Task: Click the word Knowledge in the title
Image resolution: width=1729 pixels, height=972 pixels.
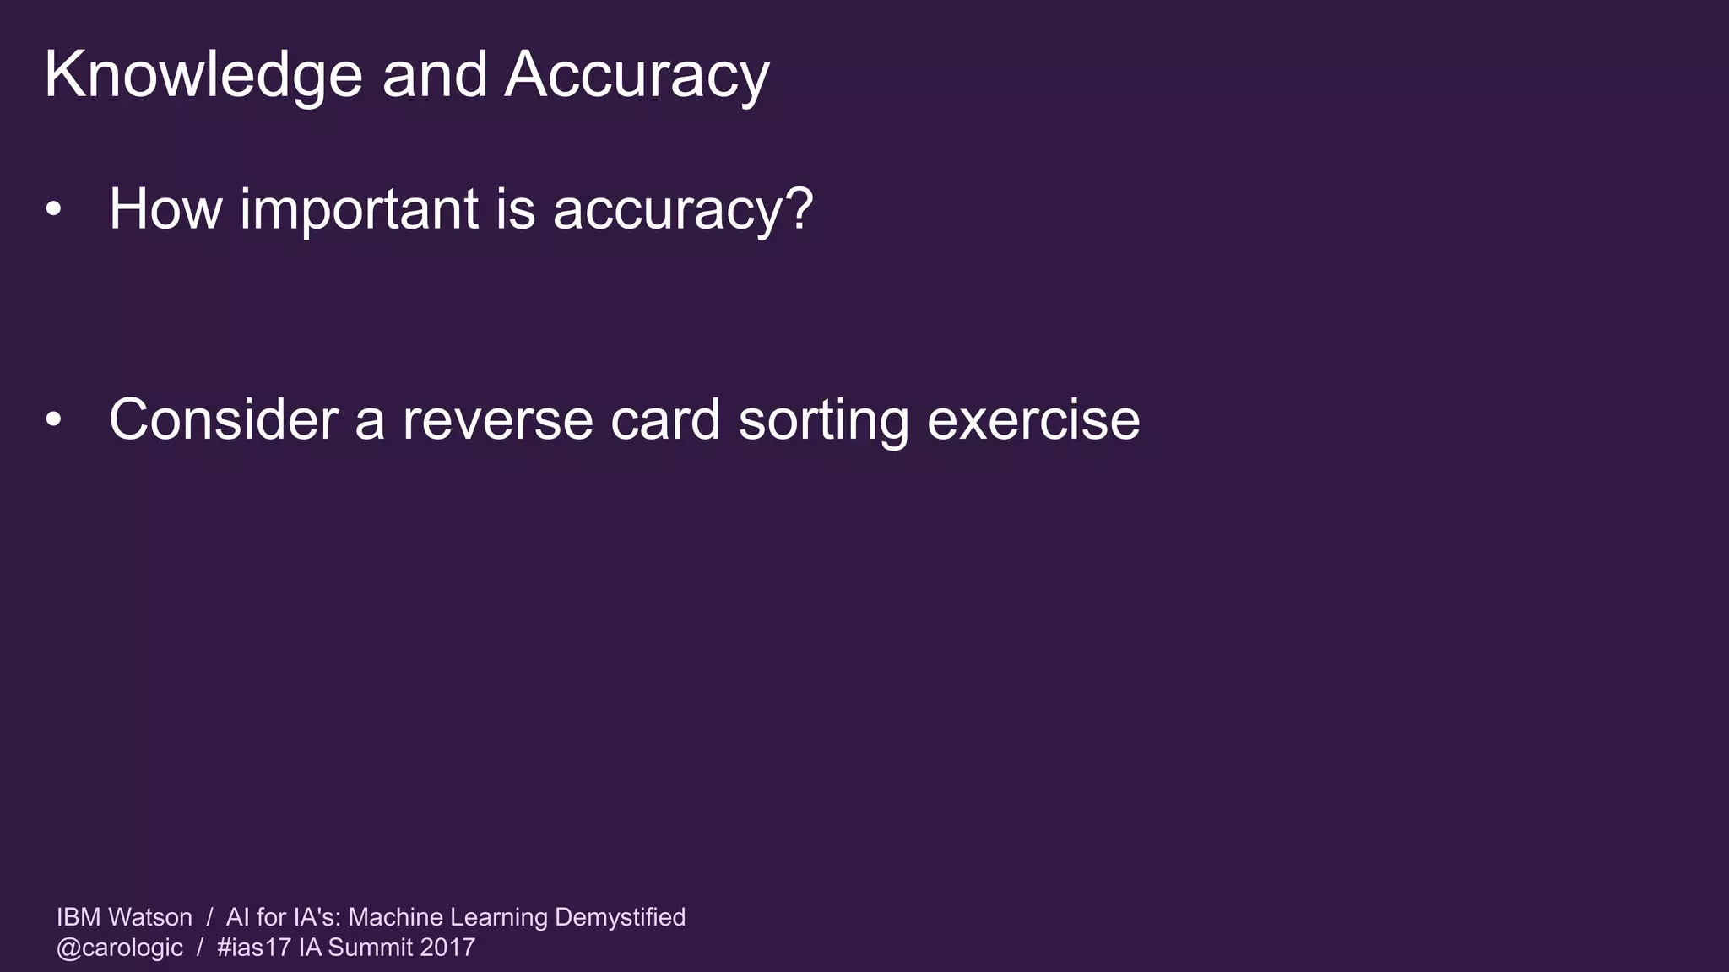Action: (x=203, y=76)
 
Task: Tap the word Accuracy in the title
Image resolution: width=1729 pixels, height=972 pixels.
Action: (x=637, y=76)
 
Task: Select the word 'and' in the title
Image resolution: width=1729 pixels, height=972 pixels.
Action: (x=434, y=74)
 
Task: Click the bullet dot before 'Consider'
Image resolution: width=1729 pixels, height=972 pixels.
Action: (x=54, y=419)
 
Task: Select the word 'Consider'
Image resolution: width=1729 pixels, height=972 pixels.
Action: (x=224, y=419)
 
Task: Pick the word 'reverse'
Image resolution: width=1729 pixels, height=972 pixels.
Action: (x=497, y=419)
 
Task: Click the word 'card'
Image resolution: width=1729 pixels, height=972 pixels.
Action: (x=665, y=419)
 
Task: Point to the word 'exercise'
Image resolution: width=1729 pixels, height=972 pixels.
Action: (x=1033, y=419)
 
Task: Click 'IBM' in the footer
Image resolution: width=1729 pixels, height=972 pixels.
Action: (x=79, y=917)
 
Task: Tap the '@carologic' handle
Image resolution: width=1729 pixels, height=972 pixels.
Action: (x=120, y=948)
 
